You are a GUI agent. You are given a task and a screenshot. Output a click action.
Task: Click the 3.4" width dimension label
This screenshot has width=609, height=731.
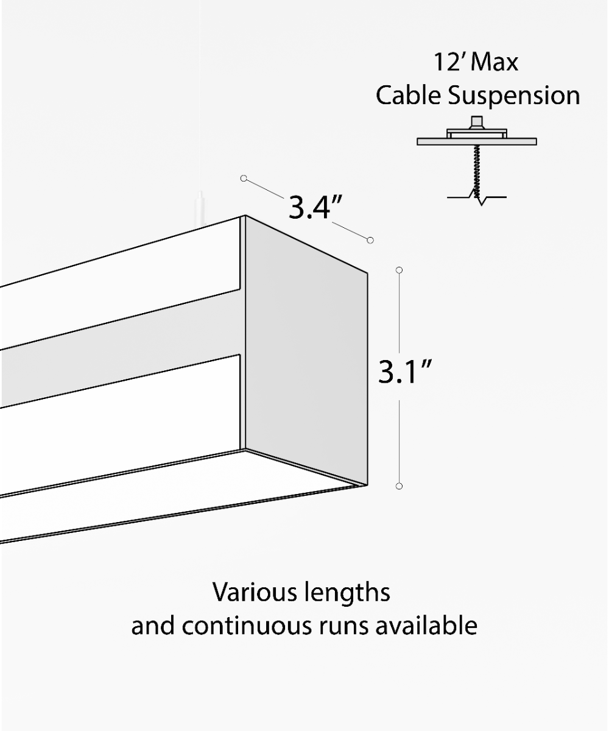314,207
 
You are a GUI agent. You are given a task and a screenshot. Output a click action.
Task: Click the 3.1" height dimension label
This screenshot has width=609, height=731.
404,372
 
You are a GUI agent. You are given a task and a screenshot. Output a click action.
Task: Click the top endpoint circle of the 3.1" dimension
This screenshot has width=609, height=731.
400,269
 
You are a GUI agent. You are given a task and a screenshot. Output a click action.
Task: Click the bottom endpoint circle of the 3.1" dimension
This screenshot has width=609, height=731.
400,486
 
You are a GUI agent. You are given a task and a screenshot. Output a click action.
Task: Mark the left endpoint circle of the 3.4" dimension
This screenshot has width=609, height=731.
244,178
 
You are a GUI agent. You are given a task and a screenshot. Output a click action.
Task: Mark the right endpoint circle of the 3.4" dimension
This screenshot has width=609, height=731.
370,240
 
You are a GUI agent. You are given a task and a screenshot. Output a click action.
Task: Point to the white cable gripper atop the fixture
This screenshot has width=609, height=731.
199,210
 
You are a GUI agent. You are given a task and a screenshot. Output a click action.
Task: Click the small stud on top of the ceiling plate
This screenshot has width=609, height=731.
477,121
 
